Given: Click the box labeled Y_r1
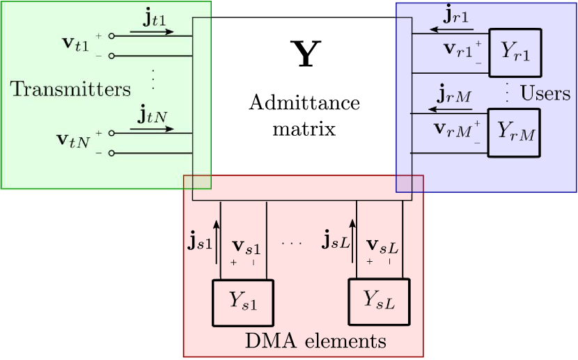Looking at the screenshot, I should click(516, 53).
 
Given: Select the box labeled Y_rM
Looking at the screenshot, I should click(516, 132).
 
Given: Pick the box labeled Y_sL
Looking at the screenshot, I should click(380, 302).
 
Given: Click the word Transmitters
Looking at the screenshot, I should click(70, 89).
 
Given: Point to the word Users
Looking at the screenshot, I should click(545, 93).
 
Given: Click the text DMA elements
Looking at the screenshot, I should click(315, 342).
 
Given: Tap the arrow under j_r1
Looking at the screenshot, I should click(451, 30).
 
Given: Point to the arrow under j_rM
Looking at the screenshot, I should click(451, 109).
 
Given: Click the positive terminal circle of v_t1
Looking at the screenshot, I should click(111, 36).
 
